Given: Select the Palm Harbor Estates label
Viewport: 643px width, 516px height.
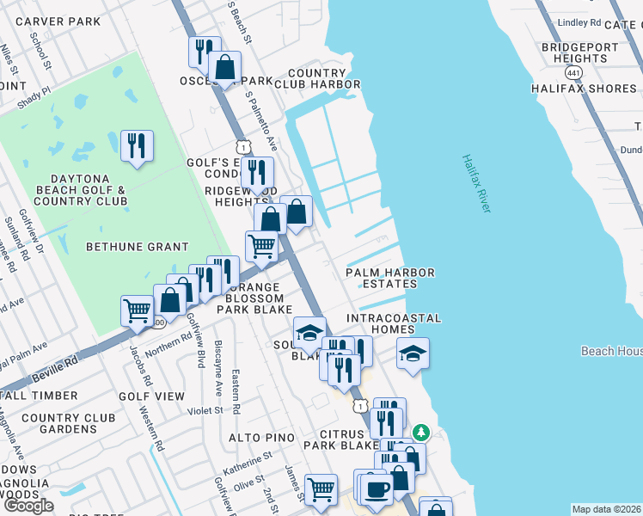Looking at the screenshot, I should point(390,279).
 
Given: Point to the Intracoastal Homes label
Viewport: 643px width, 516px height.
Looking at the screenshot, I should point(394,318).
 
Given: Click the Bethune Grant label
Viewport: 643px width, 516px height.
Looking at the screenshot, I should point(137,247).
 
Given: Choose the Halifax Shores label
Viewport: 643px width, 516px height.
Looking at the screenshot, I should point(584,89).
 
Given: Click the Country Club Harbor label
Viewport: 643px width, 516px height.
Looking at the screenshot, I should point(323,79).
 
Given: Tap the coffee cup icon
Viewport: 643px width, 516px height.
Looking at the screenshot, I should point(376,489).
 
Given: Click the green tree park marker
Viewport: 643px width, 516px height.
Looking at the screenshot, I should point(420,431).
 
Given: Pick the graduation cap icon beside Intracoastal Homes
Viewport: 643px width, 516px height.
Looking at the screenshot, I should point(413,353).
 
